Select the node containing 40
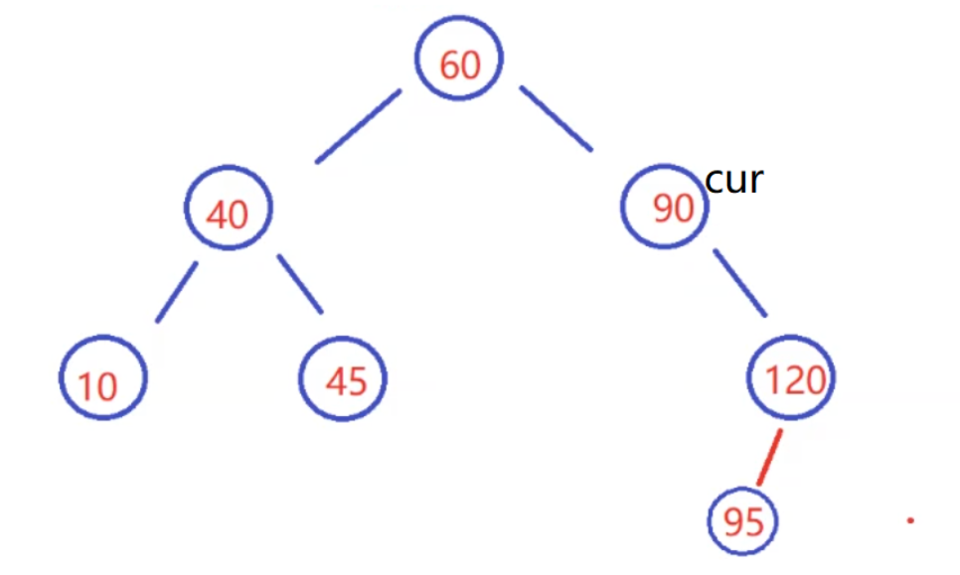(229, 210)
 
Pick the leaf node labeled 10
(102, 380)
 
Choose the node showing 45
(344, 379)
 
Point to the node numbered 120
(791, 378)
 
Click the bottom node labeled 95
(743, 520)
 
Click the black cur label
(733, 180)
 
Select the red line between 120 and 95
(769, 458)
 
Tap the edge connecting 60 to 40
(358, 126)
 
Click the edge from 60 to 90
(556, 119)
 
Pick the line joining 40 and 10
(176, 292)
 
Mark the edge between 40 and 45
(300, 284)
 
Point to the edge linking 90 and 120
(740, 283)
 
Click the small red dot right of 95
(910, 519)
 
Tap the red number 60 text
(459, 65)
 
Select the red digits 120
(795, 379)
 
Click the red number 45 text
(346, 381)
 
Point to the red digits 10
(97, 385)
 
